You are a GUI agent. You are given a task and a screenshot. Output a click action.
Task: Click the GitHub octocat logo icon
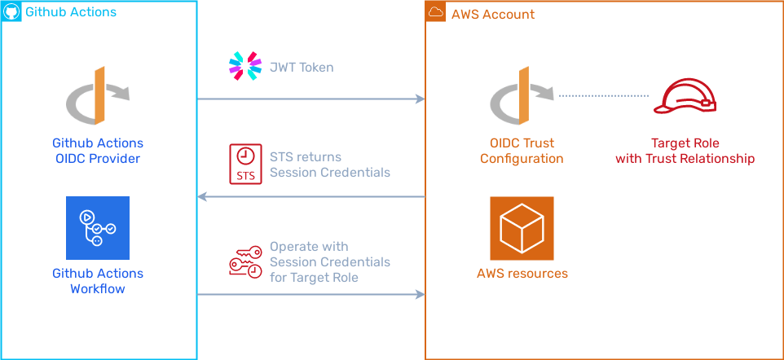12,13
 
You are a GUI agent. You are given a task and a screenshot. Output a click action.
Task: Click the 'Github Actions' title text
71,13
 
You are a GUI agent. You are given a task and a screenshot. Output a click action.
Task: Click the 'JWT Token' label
302,68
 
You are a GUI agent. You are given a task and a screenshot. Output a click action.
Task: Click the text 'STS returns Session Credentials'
329,165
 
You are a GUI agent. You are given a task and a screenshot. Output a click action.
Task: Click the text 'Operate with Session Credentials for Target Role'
329,262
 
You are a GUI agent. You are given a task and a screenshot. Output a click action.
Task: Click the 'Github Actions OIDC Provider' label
97,151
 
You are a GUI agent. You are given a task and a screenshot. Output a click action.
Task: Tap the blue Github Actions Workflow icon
98,228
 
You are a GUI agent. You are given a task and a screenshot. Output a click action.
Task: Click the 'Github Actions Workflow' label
98,280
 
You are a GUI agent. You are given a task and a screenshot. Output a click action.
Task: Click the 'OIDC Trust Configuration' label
521,151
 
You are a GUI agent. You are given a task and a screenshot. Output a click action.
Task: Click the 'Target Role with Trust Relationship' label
685,151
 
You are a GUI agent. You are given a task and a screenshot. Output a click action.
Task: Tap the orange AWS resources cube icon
522,228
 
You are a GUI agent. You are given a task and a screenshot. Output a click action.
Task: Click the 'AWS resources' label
522,274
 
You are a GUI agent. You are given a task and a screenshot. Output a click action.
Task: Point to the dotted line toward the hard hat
603,96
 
